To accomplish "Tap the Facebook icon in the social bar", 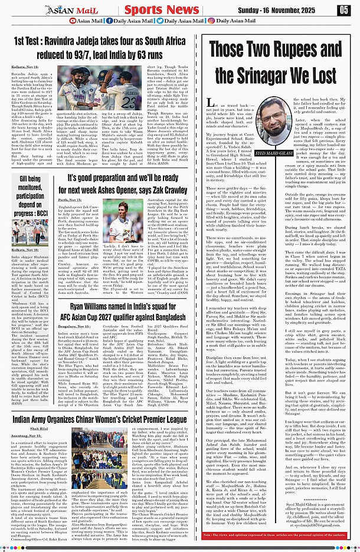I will tap(108, 21).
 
